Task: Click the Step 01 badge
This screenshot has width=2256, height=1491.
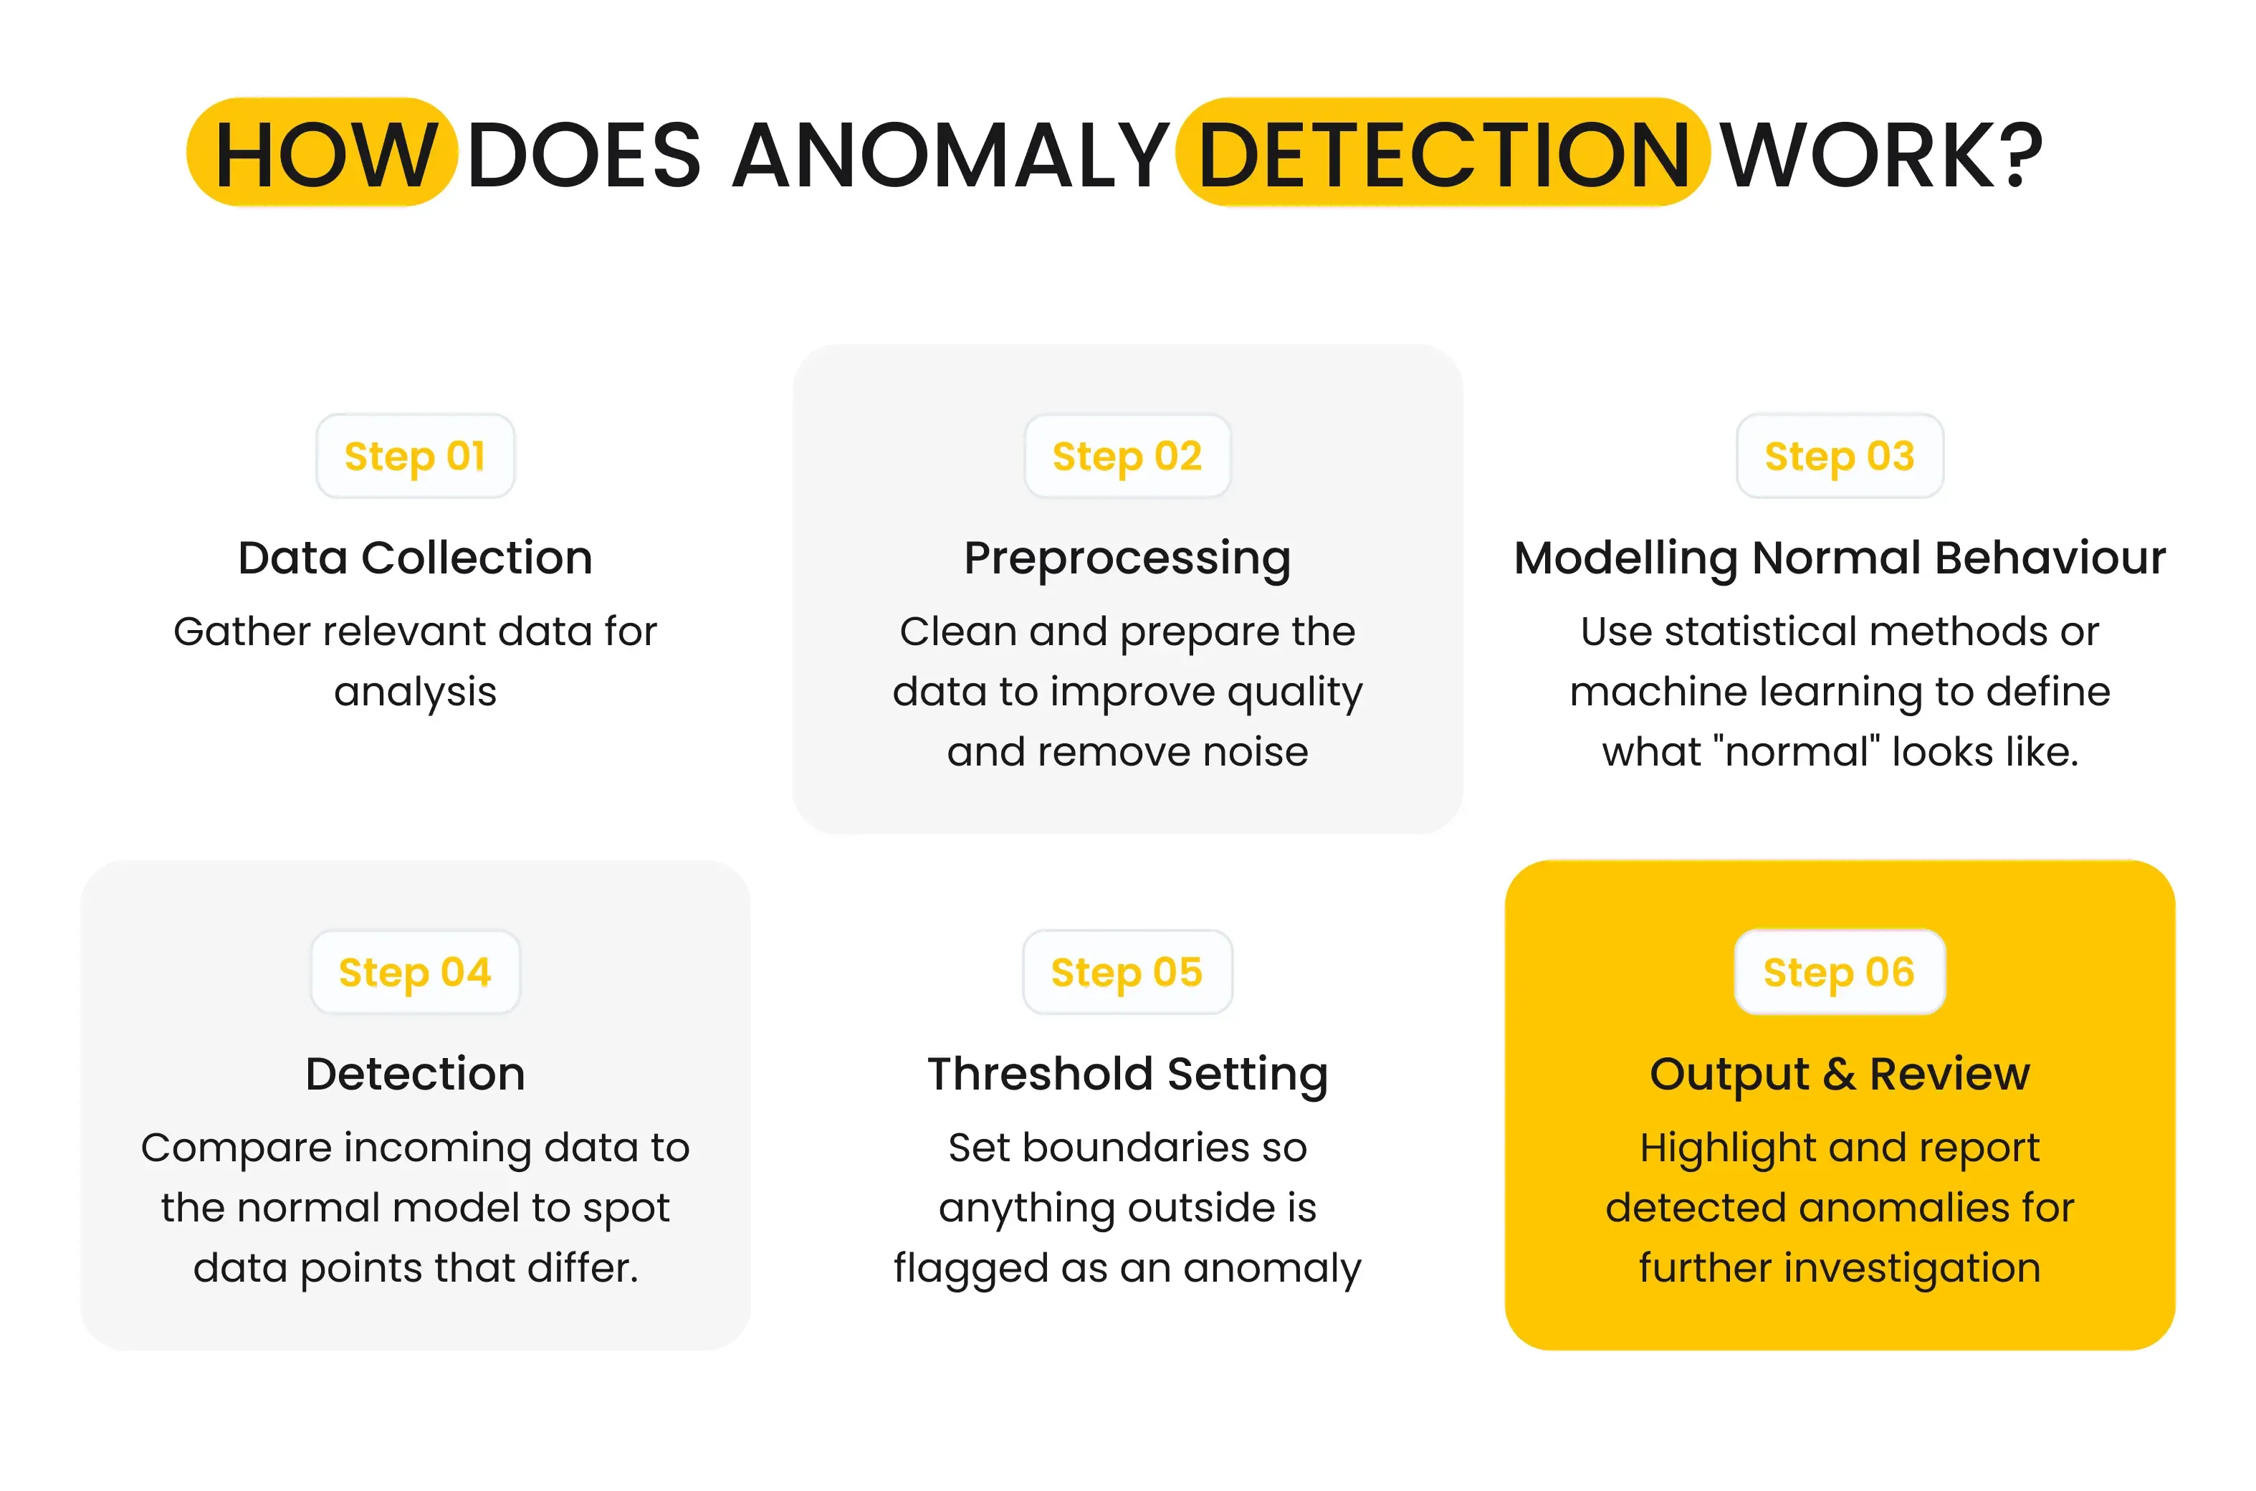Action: coord(416,457)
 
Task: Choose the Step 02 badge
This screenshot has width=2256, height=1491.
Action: coord(1127,457)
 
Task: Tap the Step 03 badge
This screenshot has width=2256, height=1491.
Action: coord(1840,457)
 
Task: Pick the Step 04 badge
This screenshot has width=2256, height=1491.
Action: coord(416,972)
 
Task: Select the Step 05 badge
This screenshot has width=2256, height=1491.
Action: coord(1127,972)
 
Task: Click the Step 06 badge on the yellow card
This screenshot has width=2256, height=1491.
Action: coord(1840,972)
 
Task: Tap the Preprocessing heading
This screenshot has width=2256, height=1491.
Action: coord(1127,559)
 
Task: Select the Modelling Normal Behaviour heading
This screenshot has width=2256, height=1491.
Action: coord(1840,559)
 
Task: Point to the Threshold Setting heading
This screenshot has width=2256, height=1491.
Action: coord(1127,1075)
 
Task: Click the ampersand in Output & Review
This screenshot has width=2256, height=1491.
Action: coord(1839,1075)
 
